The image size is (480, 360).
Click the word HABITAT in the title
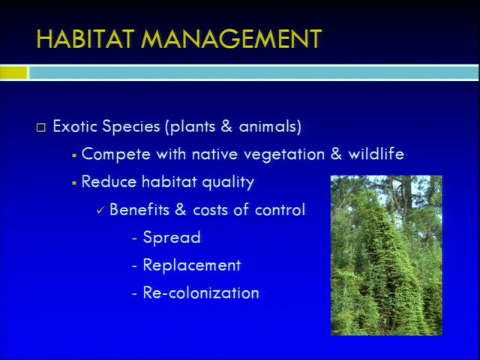click(85, 39)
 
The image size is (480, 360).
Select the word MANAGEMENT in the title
click(232, 39)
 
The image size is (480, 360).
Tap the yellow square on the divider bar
click(13, 73)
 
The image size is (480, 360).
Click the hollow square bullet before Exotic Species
click(41, 127)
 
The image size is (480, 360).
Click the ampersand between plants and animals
click(226, 126)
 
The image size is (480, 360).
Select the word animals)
click(270, 127)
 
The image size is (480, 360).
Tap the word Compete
click(116, 154)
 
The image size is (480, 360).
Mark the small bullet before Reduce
click(73, 183)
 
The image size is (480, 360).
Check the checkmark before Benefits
click(100, 211)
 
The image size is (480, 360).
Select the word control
click(280, 210)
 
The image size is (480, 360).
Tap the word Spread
click(172, 238)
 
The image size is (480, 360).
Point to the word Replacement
click(192, 265)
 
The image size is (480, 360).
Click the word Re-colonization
click(201, 292)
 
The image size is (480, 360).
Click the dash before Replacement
click(134, 266)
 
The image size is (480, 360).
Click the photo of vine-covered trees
click(386, 255)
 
